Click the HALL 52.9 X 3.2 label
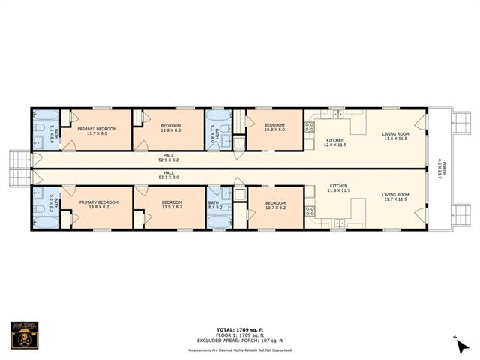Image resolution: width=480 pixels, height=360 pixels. (168, 158)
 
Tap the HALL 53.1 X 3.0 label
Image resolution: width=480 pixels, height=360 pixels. (168, 177)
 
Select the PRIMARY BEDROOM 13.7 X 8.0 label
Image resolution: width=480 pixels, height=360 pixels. (97, 130)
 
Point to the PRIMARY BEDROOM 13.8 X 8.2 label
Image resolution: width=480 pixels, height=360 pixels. (99, 204)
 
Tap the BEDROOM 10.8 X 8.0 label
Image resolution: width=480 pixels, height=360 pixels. (274, 127)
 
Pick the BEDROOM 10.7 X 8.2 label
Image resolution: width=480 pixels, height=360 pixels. (276, 204)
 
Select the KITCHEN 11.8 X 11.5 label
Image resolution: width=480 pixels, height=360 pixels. (339, 190)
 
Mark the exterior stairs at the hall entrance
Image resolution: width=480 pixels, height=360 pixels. (18, 168)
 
